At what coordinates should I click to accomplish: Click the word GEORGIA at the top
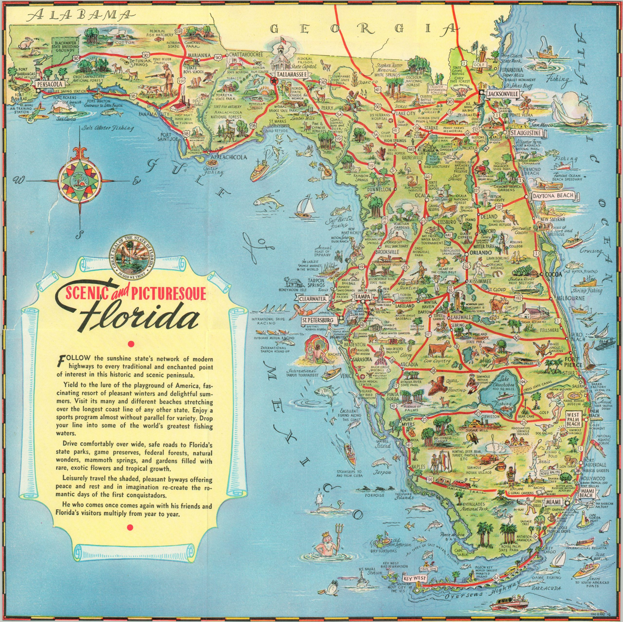364,29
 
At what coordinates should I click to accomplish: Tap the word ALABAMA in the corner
81,15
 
